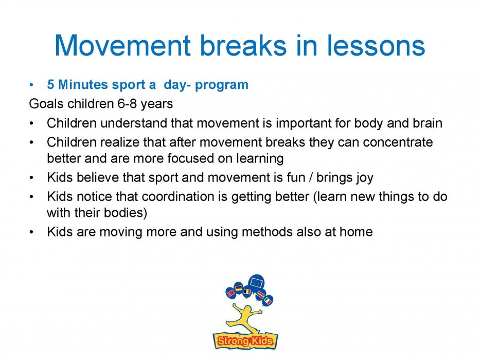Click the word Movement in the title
coord(123,46)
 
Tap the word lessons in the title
coord(376,46)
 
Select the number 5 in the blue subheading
coord(50,84)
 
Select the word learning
coord(260,158)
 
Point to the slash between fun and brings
coord(311,177)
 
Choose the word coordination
coord(178,196)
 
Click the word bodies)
coord(126,213)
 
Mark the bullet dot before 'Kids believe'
coord(31,178)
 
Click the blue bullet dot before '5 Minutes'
coord(31,85)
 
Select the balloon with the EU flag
coord(257,282)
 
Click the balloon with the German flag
coord(238,288)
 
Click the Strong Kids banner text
coord(245,340)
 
